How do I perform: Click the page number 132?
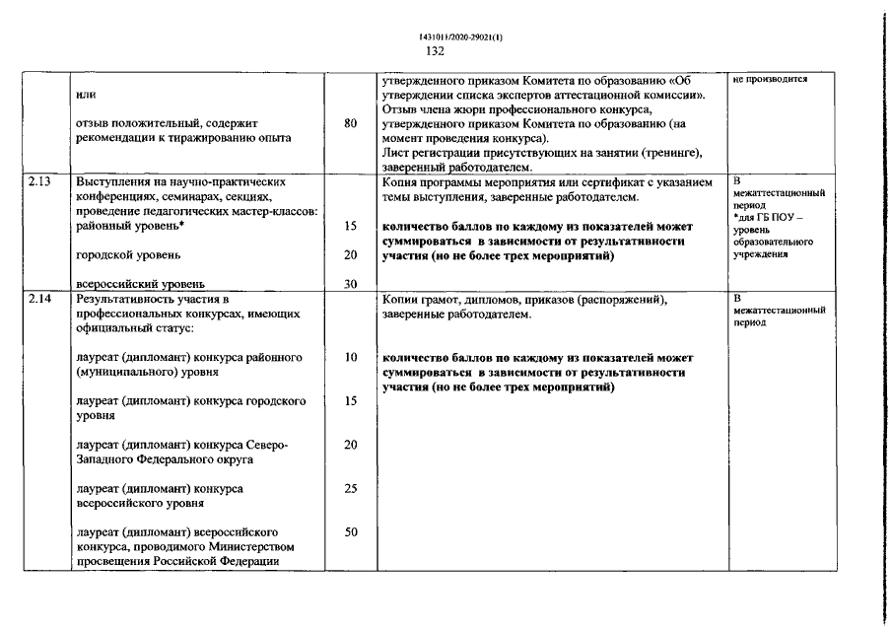436,51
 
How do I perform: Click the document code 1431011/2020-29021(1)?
436,36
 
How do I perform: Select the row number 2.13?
39,182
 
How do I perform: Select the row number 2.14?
39,298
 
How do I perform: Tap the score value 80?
351,124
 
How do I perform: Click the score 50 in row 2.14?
351,531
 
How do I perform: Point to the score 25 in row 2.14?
351,488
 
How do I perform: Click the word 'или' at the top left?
85,95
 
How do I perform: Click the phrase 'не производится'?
770,80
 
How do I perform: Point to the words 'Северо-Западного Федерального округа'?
182,452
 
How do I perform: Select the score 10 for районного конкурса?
351,357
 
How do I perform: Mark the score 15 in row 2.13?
351,226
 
